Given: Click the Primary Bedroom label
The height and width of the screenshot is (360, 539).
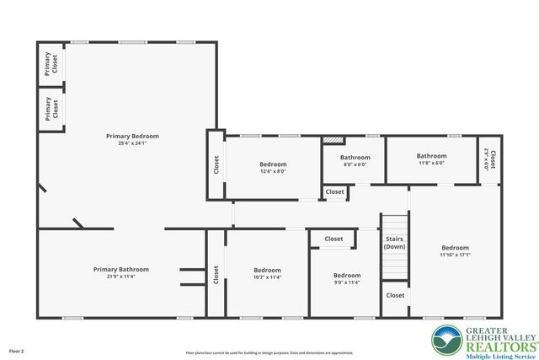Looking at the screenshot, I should tap(132, 136).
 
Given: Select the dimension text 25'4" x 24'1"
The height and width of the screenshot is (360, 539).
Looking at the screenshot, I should tap(132, 143).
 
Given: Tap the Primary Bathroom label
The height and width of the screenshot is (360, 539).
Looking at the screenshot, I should tap(121, 269).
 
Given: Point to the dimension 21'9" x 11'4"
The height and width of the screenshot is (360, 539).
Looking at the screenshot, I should tap(121, 277).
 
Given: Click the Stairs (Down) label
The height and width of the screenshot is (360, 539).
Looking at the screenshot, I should tap(394, 243).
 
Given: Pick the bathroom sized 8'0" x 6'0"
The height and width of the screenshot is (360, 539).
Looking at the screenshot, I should tap(355, 161).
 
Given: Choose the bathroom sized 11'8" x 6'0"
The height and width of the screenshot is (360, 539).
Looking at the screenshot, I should tap(431, 159).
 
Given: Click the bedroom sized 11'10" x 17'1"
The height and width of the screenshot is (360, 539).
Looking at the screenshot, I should tap(456, 251).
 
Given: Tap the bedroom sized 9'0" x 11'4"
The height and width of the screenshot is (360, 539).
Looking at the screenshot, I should tap(347, 279).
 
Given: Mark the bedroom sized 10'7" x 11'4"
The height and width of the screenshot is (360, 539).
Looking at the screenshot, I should tap(267, 274).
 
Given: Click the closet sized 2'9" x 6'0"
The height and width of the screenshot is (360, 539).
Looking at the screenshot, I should tap(490, 160).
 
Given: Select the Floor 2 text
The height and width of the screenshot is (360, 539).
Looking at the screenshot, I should tap(17, 350).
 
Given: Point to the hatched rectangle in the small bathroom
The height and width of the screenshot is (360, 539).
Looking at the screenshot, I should tap(334, 140).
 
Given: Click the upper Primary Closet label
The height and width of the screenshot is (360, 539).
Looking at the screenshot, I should tap(52, 64).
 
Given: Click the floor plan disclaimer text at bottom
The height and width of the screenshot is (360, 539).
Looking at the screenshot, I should tap(269, 352).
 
